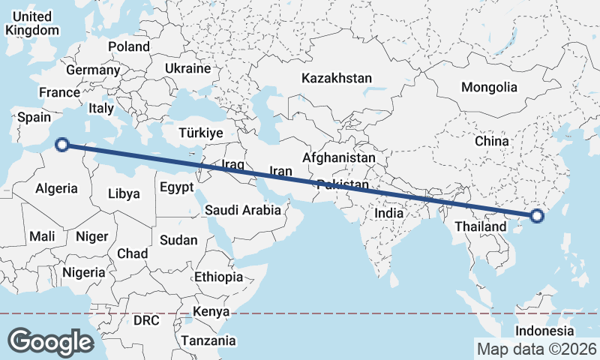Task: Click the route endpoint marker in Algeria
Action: pos(64,145)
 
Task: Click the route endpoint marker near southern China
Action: pos(536,217)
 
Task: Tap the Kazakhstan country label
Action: pos(337,78)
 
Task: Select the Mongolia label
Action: pos(489,87)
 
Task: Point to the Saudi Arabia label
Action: pos(243,211)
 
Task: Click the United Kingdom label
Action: pos(31,23)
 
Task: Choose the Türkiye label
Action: pos(201,133)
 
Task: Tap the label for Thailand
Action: pos(481,226)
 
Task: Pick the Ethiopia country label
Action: pos(218,277)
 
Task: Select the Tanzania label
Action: pos(208,340)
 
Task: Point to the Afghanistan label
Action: pos(338,158)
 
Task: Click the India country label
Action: pos(389,213)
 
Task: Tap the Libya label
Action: pos(124,193)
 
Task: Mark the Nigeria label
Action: pos(84,272)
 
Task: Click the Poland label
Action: pos(128,46)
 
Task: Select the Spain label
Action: pos(34,117)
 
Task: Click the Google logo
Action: pos(51,341)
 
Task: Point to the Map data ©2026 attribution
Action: pos(537,349)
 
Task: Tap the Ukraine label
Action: pos(187,68)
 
